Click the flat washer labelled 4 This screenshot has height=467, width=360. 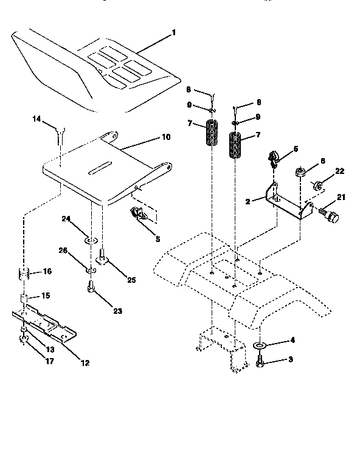pyautogui.click(x=260, y=346)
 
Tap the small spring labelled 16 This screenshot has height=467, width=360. pyautogui.click(x=23, y=274)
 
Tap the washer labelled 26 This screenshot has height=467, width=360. pyautogui.click(x=89, y=269)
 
